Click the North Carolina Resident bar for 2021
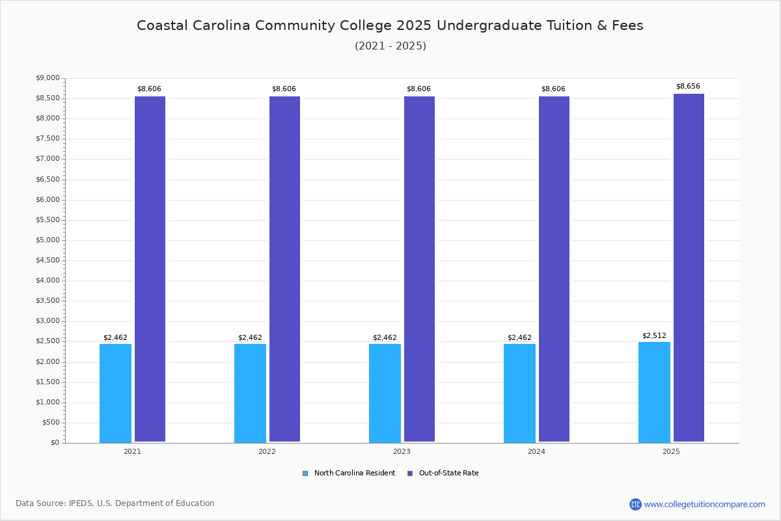pyautogui.click(x=115, y=393)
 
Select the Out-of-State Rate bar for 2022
pyautogui.click(x=284, y=269)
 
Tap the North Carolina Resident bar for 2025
pyautogui.click(x=654, y=392)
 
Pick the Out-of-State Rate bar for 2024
pyautogui.click(x=554, y=269)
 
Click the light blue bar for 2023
pyautogui.click(x=385, y=393)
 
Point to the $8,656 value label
pyautogui.click(x=688, y=86)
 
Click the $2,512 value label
pyautogui.click(x=654, y=335)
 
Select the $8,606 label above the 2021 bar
pyautogui.click(x=149, y=89)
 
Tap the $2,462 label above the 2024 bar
pyautogui.click(x=519, y=337)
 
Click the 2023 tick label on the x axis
pyautogui.click(x=402, y=451)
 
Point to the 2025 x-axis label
pyautogui.click(x=671, y=451)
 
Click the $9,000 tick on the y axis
pyautogui.click(x=48, y=78)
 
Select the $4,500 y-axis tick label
pyautogui.click(x=48, y=260)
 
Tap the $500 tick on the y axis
pyautogui.click(x=51, y=422)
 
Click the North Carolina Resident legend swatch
pyautogui.click(x=305, y=473)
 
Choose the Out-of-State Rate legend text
pyautogui.click(x=448, y=473)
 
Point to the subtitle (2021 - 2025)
pyautogui.click(x=390, y=46)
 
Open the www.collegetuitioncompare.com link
pyautogui.click(x=704, y=504)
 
